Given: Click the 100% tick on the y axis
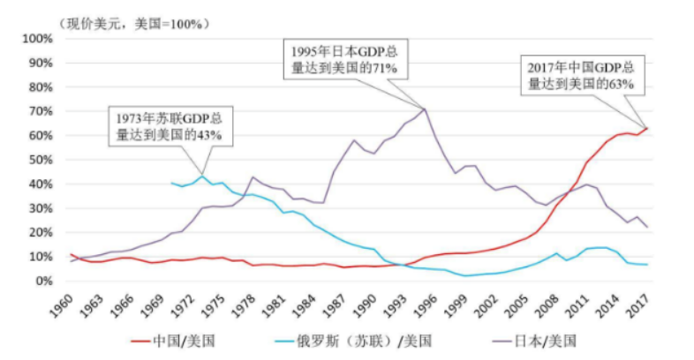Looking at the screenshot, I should [36, 39].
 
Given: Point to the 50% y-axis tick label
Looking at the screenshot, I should [39, 160].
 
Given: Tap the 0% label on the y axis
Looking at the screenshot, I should [42, 281].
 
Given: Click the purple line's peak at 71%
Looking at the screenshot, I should [426, 109].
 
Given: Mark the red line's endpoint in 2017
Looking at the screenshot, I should [647, 128].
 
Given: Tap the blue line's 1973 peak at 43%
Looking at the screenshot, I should [202, 176].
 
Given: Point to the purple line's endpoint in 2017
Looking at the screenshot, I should [647, 228].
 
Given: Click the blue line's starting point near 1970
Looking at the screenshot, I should [171, 183].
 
